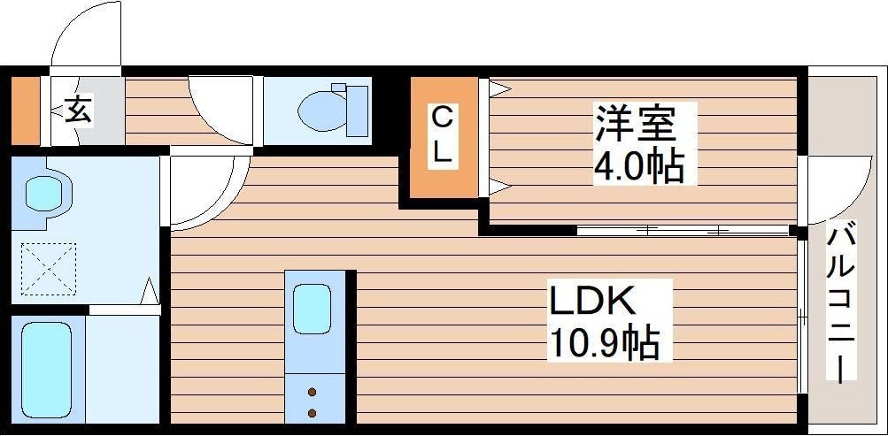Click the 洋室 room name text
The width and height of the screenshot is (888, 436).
tap(635, 124)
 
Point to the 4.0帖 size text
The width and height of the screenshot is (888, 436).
tap(639, 165)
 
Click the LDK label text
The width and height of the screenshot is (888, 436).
tap(591, 303)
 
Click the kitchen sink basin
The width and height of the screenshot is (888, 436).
tap(312, 308)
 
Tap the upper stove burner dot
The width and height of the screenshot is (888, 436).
tap(312, 390)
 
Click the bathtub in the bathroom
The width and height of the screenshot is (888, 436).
tap(45, 369)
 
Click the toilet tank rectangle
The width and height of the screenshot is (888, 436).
tap(356, 111)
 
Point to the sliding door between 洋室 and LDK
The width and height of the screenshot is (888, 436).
tap(682, 230)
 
